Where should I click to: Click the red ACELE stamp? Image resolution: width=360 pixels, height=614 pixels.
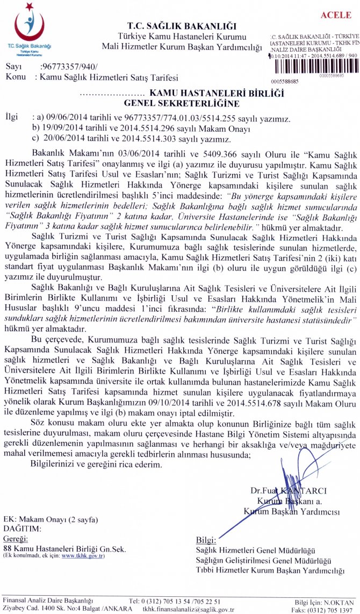click(335, 15)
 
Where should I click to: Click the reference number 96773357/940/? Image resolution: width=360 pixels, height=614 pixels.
click(69, 67)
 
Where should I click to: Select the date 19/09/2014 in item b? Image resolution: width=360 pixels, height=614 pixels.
click(62, 128)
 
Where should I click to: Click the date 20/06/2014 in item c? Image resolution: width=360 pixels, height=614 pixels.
click(62, 139)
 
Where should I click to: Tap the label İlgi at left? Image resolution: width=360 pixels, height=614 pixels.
click(11, 117)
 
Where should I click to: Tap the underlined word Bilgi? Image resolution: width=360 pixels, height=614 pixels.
click(206, 540)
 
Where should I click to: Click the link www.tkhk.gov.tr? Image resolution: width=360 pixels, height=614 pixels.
click(83, 555)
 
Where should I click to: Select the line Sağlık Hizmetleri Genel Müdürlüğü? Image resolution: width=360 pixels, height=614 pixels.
click(255, 550)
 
